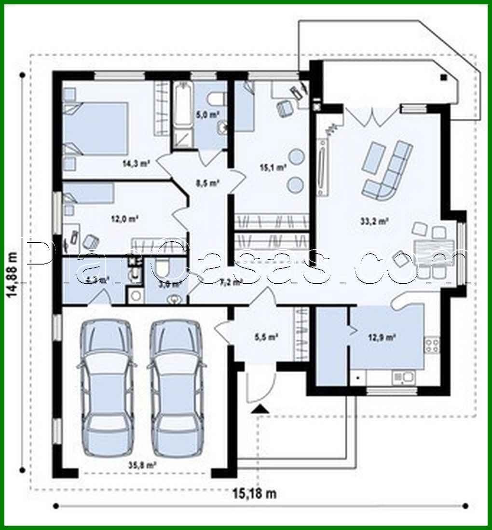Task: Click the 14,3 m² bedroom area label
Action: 136,163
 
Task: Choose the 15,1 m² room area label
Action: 273,167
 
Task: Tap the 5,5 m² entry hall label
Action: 265,338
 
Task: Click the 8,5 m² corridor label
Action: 207,183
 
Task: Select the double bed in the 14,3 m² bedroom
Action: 96,128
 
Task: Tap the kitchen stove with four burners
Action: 431,344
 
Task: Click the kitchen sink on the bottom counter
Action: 402,377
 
